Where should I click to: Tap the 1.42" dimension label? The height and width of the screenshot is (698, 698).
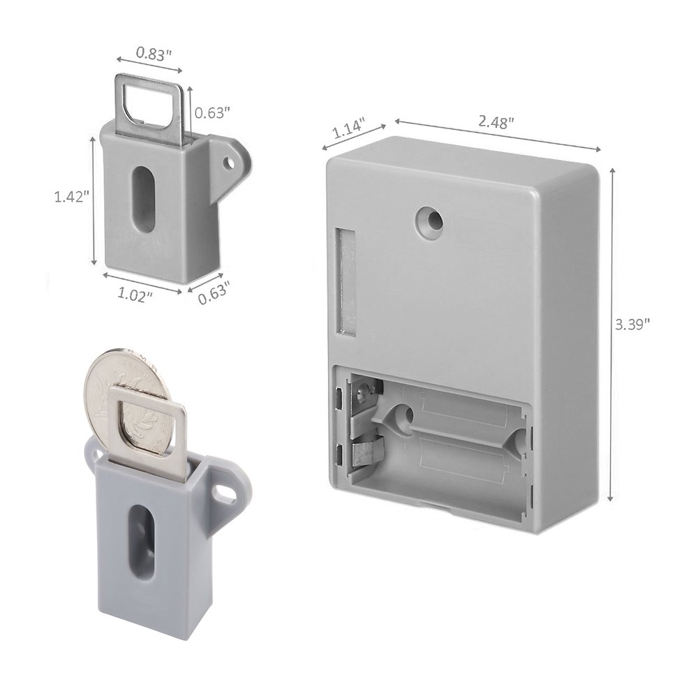pos(72,197)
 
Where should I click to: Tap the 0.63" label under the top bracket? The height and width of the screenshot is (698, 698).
pos(214,296)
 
